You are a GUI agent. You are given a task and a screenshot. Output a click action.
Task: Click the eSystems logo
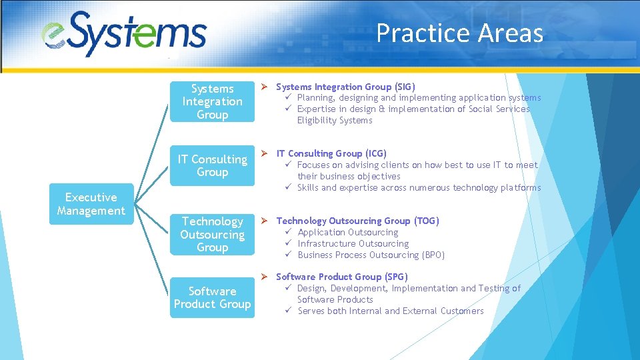tap(125, 33)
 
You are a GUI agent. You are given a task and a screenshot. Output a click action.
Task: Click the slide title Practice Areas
tap(459, 33)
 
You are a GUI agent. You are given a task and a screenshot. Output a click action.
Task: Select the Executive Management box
tap(91, 204)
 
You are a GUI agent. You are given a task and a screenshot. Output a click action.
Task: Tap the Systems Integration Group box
tap(212, 101)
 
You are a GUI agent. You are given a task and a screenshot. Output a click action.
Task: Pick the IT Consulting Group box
tap(212, 165)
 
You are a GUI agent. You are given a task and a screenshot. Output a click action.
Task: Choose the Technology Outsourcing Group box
tap(212, 234)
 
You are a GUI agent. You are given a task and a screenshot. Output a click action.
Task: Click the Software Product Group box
tap(212, 297)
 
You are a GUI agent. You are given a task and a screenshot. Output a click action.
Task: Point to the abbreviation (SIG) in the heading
tap(404, 87)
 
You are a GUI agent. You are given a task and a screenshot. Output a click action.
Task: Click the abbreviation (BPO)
tap(433, 255)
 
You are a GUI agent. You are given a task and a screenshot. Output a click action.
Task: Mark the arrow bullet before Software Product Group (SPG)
tap(264, 277)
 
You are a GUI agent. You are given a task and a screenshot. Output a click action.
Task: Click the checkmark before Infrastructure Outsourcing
tap(289, 243)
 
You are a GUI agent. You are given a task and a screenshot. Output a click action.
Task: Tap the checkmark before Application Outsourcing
tap(289, 232)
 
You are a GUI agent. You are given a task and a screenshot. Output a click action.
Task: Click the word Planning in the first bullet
tap(315, 98)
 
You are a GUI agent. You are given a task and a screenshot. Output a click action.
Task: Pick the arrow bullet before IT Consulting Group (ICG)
tap(264, 153)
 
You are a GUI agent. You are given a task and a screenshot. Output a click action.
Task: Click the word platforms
tap(519, 187)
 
